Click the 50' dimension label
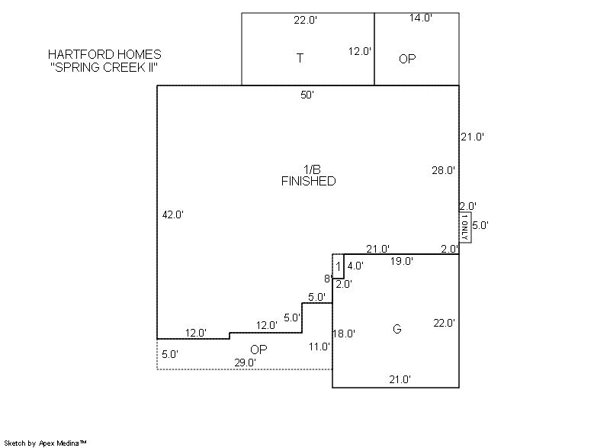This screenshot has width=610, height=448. point(307,95)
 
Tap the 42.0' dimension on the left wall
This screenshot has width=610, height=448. point(173,214)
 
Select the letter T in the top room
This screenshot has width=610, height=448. point(300,58)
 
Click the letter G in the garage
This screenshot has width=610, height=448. point(396,329)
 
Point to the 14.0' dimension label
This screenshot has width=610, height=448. point(421,18)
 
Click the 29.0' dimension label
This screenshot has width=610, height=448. point(245,363)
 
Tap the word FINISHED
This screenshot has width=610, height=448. point(309,181)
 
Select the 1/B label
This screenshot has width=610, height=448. point(312,169)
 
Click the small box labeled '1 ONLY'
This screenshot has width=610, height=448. point(465,227)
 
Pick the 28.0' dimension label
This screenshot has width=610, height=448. point(444,170)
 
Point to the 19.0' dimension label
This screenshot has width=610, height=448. point(402,261)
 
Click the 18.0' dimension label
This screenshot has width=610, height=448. point(344,334)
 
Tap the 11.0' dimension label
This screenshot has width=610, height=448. point(319,346)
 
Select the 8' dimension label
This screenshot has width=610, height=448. point(328,279)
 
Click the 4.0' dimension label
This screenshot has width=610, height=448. point(355,266)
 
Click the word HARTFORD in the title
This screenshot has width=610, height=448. point(77,54)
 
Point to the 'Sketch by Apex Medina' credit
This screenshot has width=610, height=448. point(46,443)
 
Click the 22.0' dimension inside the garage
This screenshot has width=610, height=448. point(445,323)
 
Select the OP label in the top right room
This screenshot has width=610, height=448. point(407,59)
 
